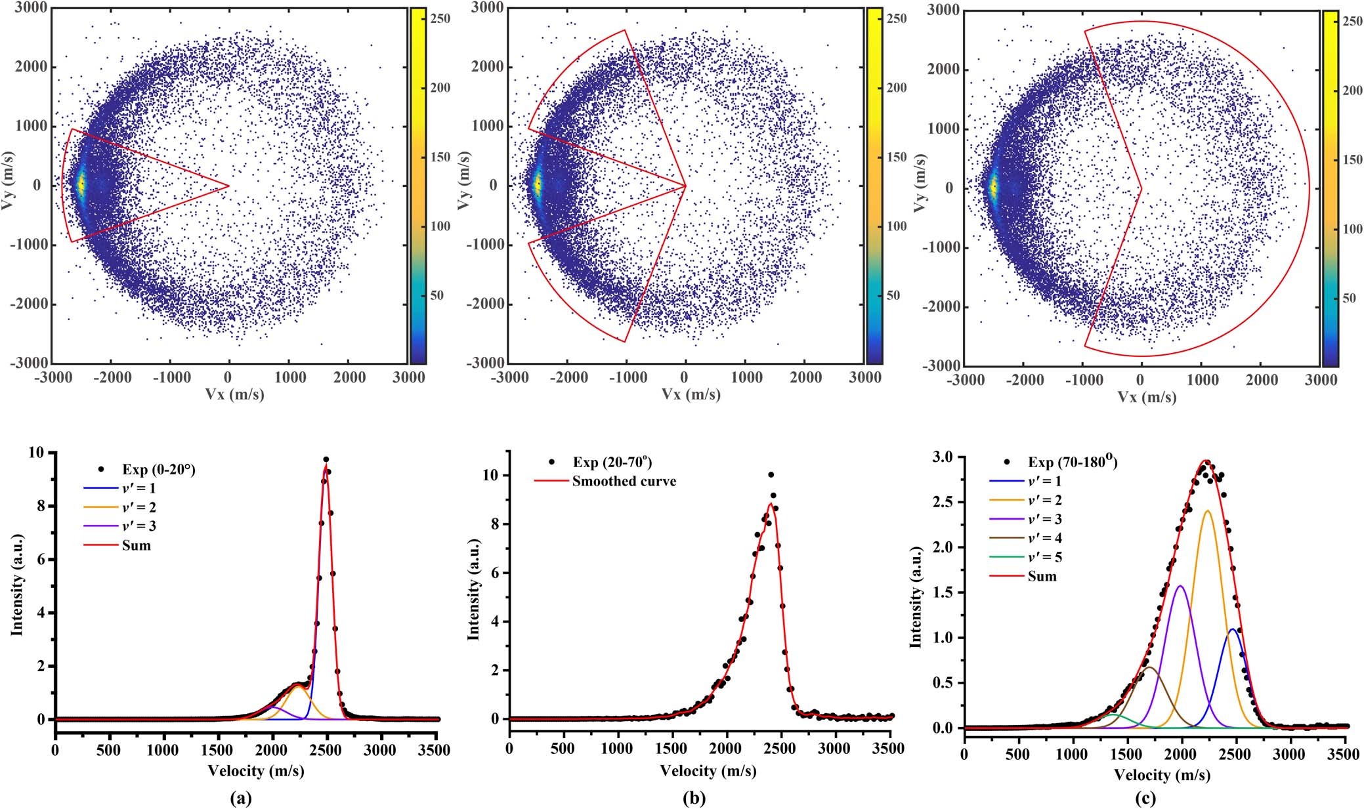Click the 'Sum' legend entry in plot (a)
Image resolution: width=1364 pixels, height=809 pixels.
point(136,545)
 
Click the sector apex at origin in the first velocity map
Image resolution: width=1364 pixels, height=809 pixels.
point(228,186)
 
